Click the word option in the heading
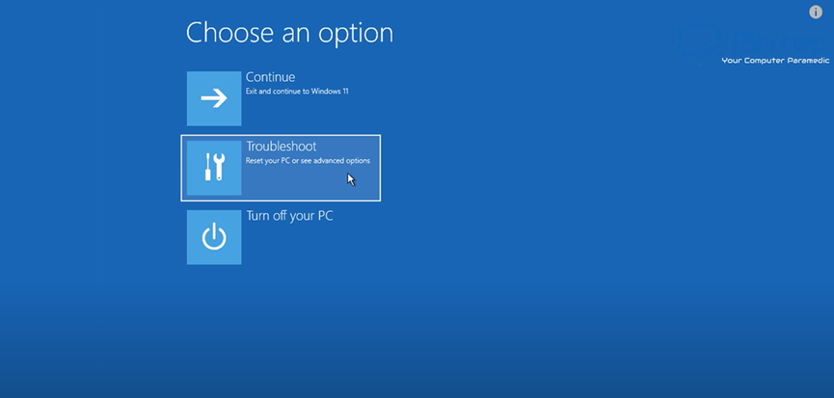pyautogui.click(x=356, y=34)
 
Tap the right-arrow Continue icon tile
pyautogui.click(x=214, y=98)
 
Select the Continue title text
pyautogui.click(x=270, y=77)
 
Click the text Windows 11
pyautogui.click(x=330, y=92)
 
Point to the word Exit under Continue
pyautogui.click(x=251, y=92)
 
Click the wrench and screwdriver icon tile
pyautogui.click(x=214, y=168)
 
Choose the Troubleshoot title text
pyautogui.click(x=281, y=146)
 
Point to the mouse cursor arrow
pyautogui.click(x=351, y=179)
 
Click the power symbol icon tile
pyautogui.click(x=214, y=237)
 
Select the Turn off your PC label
pyautogui.click(x=289, y=216)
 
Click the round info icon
pyautogui.click(x=816, y=13)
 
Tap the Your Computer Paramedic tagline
pyautogui.click(x=775, y=61)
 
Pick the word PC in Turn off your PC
pyautogui.click(x=325, y=216)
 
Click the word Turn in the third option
pyautogui.click(x=257, y=216)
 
